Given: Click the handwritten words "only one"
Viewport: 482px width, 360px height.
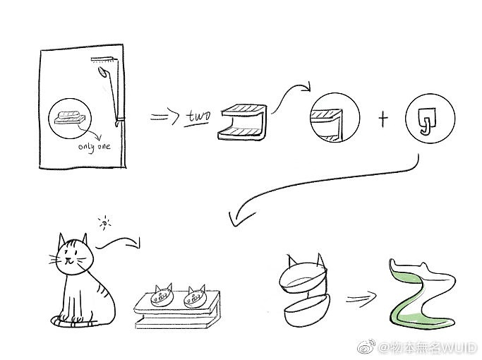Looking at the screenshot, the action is (94, 147).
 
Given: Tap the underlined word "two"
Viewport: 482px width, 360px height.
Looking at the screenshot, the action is (199, 116).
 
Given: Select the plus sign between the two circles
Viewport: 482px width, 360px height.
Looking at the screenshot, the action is (382, 119).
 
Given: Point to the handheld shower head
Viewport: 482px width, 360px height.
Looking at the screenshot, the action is (102, 72).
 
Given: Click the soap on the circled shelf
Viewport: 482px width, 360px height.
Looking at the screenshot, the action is (70, 114).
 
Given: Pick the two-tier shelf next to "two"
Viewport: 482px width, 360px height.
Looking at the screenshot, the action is (242, 122).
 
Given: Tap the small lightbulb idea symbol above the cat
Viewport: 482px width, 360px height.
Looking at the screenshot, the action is (105, 222).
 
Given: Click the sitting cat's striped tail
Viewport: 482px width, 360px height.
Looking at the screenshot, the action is (74, 321).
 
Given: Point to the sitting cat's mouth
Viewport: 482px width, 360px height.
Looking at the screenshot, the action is (69, 263).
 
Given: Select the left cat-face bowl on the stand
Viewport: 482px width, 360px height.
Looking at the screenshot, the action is (162, 296).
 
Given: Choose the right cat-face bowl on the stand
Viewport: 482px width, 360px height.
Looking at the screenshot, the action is (195, 297).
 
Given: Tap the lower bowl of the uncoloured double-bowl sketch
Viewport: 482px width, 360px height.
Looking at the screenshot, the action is (306, 311).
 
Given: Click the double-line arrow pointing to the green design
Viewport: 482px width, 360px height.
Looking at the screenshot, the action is (361, 298).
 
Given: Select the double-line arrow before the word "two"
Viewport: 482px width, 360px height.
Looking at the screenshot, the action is (164, 116).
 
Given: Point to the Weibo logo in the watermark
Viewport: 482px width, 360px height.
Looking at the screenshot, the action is (366, 347).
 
